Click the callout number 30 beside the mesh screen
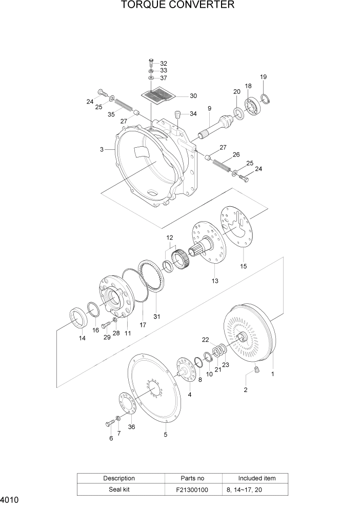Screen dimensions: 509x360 tap(178, 96)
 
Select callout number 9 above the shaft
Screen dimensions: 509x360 tap(209, 108)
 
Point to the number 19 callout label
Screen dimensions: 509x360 tap(263, 77)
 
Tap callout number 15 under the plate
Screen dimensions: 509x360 tap(244, 266)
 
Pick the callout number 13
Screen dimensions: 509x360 tap(214, 281)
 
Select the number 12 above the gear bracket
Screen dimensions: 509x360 tap(170, 238)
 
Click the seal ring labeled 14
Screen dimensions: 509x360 tap(77, 318)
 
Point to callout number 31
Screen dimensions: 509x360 tap(156, 317)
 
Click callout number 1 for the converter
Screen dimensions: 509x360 tap(272, 374)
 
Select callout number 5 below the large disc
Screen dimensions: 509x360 tap(166, 435)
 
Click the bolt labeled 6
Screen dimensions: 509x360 tap(109, 423)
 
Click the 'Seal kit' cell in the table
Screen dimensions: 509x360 tap(119, 490)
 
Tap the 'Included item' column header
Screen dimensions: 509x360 tap(256, 478)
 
